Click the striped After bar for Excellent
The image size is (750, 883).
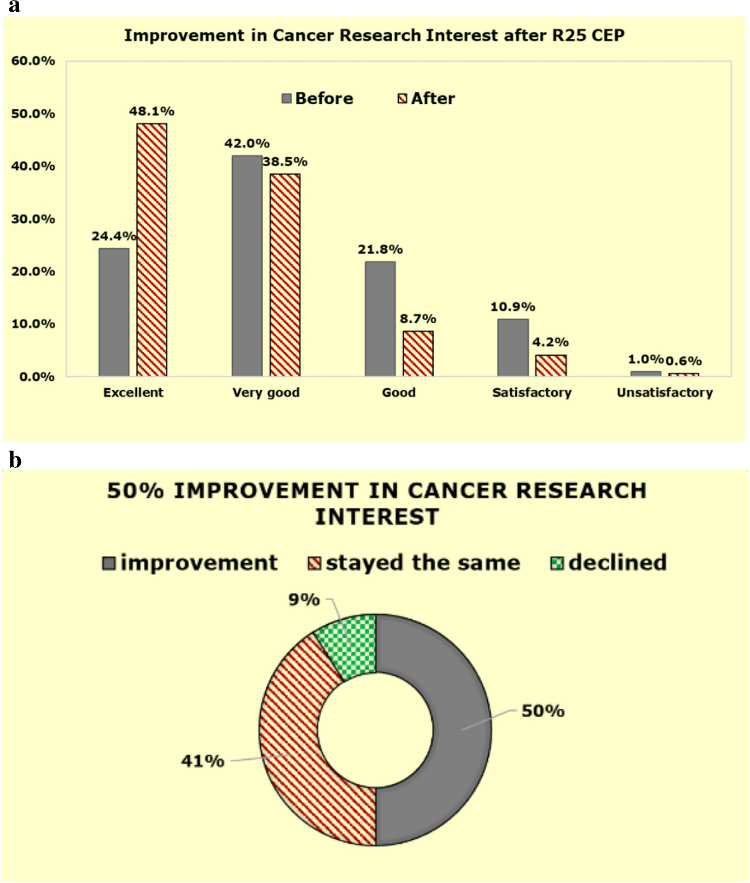(152, 250)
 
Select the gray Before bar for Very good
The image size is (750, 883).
(247, 266)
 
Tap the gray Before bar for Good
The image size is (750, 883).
(380, 319)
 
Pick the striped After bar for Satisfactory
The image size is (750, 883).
(551, 365)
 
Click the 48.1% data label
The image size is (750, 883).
(152, 112)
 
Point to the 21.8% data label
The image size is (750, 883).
(380, 250)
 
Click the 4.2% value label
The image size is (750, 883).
(550, 342)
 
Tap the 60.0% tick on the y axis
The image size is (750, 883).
(32, 61)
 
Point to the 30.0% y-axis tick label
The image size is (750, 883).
(32, 219)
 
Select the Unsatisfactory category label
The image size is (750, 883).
(664, 393)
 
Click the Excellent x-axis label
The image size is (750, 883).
(133, 393)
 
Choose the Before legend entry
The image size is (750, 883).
(317, 98)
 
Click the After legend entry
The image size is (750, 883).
(426, 98)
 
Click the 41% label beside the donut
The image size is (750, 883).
(202, 761)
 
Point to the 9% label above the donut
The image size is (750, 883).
(304, 600)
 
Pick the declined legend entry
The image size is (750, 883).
(608, 563)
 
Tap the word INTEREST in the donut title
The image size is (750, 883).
(376, 517)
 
